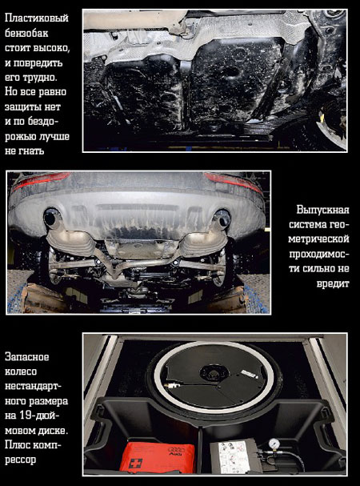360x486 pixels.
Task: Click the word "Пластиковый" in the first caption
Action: click(37, 18)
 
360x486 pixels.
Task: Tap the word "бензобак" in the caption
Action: click(26, 33)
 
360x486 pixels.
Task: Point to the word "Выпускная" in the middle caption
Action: click(322, 210)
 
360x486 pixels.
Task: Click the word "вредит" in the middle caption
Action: click(333, 283)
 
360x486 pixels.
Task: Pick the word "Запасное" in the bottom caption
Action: click(26, 357)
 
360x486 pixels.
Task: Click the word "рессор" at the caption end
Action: click(20, 460)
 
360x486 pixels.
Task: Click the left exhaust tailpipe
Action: click(52, 218)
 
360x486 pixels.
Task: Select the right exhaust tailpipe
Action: click(222, 219)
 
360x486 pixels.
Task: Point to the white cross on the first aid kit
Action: click(135, 464)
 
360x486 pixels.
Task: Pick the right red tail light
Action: click(232, 183)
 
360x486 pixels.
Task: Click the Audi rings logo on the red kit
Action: click(176, 449)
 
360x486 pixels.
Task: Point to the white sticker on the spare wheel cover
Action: click(250, 373)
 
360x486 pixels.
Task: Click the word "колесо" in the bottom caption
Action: click(21, 372)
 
